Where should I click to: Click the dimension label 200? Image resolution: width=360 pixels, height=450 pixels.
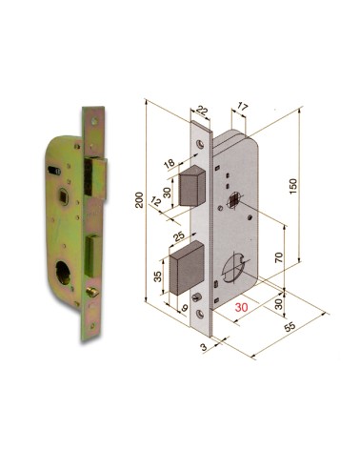click(x=139, y=199)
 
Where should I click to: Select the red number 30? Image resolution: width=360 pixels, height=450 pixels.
click(x=242, y=308)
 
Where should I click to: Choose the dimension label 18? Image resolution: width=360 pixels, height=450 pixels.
click(x=169, y=165)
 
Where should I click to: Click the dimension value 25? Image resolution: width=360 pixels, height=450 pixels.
click(x=178, y=235)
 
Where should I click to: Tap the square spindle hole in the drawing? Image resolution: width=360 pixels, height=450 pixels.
click(x=232, y=201)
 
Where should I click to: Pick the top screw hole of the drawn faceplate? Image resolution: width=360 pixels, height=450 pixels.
click(x=203, y=143)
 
